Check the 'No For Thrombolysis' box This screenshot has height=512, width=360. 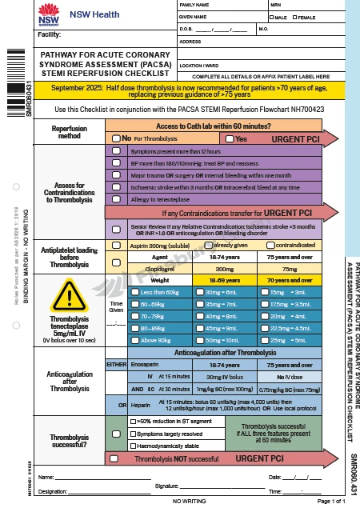[x=116, y=138]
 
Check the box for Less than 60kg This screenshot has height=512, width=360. [x=134, y=293]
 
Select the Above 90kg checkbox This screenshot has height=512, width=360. [x=134, y=339]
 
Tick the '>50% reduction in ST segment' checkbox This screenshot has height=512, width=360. [x=133, y=421]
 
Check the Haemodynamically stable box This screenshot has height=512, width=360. [x=133, y=445]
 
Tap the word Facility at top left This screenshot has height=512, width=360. [x=50, y=35]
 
